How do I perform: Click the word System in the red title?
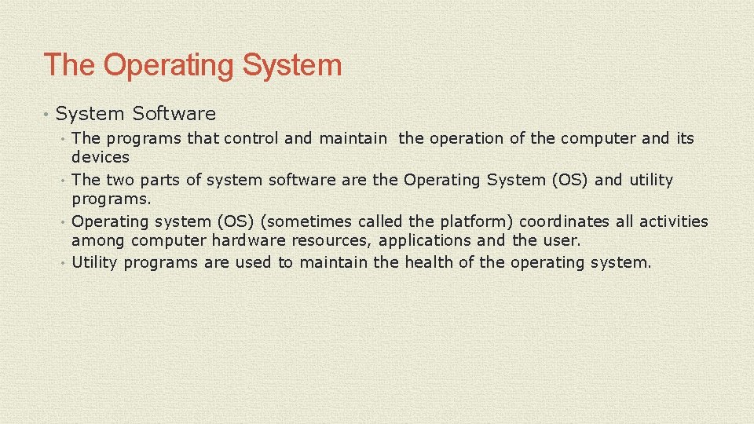(292, 65)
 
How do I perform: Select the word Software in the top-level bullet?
(174, 114)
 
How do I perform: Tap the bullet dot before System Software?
(47, 115)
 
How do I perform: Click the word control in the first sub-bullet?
(251, 139)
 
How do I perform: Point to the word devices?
(101, 158)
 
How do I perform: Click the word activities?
(673, 222)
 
